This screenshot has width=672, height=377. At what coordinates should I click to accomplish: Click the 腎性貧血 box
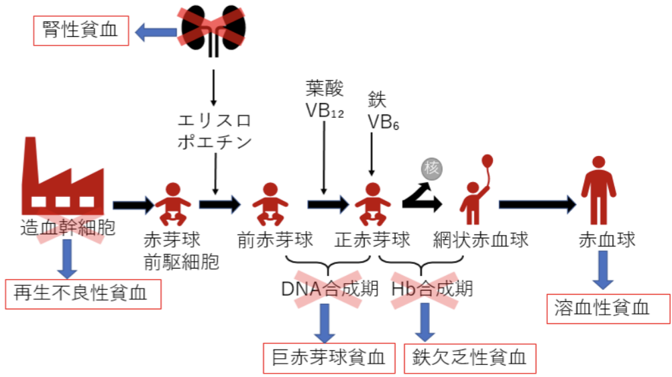[x=82, y=31]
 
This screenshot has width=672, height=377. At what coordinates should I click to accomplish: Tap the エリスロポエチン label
[x=214, y=132]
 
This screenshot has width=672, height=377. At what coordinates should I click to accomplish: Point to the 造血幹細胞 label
[x=68, y=228]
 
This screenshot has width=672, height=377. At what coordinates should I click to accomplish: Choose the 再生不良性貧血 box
[x=83, y=293]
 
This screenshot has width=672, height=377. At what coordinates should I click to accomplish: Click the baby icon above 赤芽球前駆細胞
[x=173, y=204]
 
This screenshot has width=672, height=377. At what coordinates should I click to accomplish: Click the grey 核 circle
[x=432, y=169]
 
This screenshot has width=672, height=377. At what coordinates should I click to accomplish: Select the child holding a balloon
[x=478, y=191]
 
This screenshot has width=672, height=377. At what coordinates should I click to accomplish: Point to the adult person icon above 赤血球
[x=598, y=190]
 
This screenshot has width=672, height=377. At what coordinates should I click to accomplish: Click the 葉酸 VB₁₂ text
[x=325, y=99]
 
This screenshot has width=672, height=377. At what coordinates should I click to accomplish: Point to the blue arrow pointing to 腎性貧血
[x=156, y=31]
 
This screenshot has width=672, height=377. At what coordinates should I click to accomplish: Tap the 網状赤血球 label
[x=482, y=239]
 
